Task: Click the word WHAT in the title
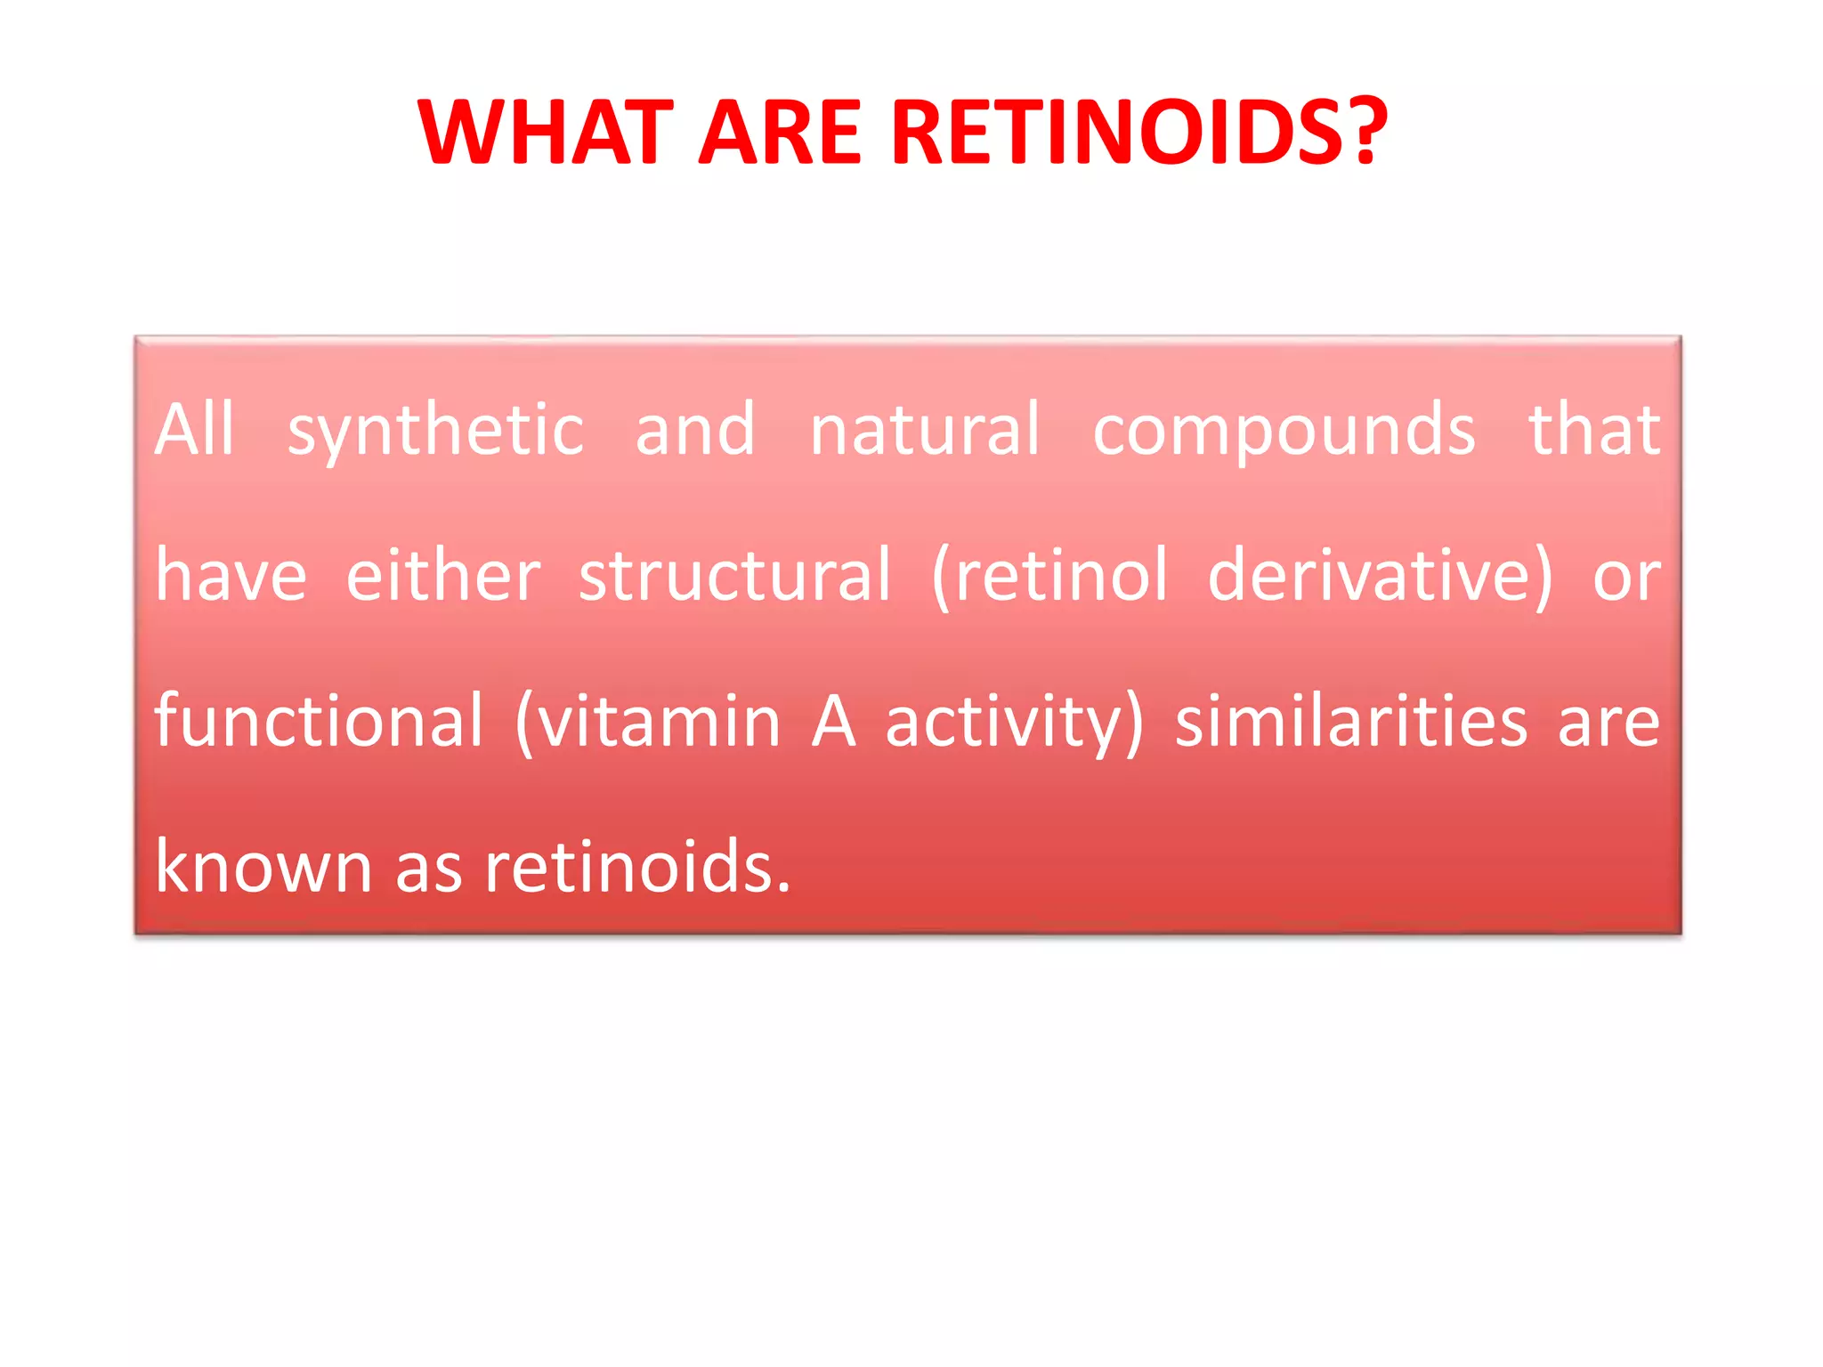click(545, 133)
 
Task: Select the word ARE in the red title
click(780, 133)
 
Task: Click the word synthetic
click(435, 432)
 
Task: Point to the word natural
click(924, 430)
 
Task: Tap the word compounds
click(1284, 432)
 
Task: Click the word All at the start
click(194, 430)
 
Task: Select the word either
click(442, 576)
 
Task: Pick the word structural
click(734, 576)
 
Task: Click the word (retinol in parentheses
click(1049, 576)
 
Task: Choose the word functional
click(319, 721)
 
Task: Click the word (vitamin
click(648, 721)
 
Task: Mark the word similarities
click(1351, 721)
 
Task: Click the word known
click(263, 867)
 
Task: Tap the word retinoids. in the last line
click(637, 867)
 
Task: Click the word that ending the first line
click(1593, 430)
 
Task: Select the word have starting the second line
click(231, 576)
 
